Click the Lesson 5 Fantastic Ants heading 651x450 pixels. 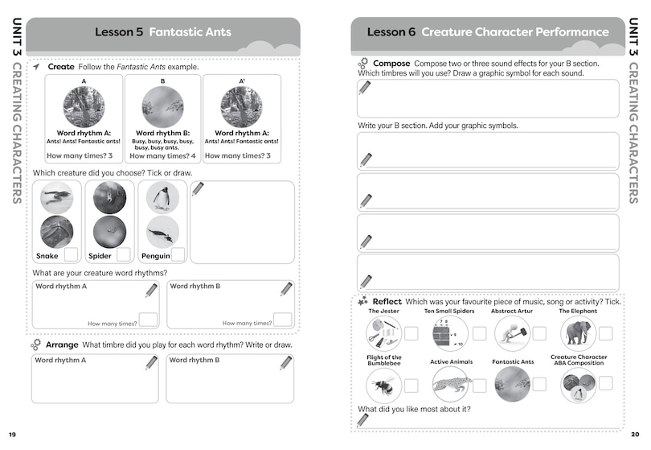point(162,32)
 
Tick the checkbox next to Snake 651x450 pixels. point(71,254)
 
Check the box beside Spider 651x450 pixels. point(123,254)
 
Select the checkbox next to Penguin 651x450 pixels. point(177,254)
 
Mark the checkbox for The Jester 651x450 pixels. point(411,333)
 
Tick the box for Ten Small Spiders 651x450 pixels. point(479,333)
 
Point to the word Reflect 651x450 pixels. point(387,301)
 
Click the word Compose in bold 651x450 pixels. point(391,63)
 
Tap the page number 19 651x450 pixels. point(12,435)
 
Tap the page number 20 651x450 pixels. point(635,435)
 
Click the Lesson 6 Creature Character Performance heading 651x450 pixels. point(488,32)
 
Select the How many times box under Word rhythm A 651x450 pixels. point(148,320)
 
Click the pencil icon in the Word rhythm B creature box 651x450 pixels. point(286,289)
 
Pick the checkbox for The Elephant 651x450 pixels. point(605,333)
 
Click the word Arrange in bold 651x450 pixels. point(62,345)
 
